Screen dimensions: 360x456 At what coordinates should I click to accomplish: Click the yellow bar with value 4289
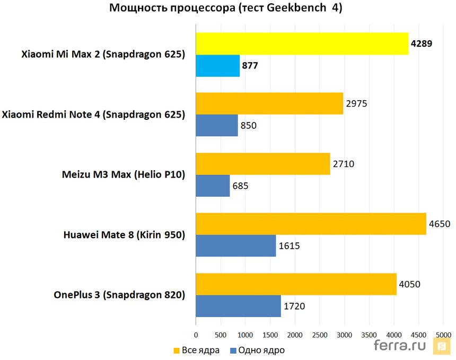(302, 43)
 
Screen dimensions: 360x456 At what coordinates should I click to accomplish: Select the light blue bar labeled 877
(218, 66)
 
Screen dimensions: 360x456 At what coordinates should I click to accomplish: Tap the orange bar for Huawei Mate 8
(311, 224)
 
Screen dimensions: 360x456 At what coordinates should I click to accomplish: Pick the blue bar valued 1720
(238, 306)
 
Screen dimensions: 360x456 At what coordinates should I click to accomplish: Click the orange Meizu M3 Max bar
(263, 164)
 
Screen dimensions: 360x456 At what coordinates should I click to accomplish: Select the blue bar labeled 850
(217, 126)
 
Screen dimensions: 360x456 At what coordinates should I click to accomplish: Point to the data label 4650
(440, 224)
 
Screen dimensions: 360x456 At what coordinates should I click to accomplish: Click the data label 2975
(356, 103)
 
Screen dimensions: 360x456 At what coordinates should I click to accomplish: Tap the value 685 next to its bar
(240, 186)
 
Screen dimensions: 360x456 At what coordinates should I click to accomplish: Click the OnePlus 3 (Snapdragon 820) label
(119, 295)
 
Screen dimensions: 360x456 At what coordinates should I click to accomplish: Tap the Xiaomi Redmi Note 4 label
(94, 115)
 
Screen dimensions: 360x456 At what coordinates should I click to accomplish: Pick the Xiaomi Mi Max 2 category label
(103, 54)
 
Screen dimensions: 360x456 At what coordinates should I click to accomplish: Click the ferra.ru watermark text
(401, 346)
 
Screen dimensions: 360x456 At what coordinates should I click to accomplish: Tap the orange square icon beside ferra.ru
(441, 347)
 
